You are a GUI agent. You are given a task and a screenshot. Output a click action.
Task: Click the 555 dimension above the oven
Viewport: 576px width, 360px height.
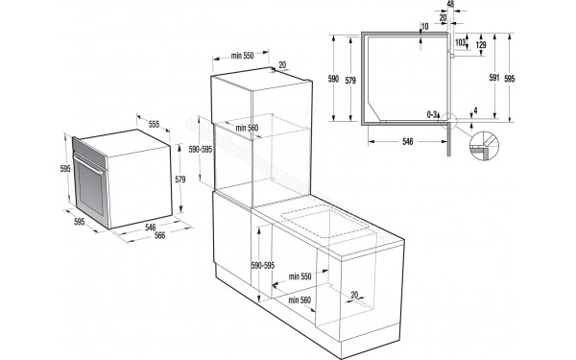[154, 125]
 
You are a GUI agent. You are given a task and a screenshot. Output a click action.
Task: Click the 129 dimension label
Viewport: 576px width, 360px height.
[481, 45]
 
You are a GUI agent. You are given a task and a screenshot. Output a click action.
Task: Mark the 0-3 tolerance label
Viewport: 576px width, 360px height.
[433, 114]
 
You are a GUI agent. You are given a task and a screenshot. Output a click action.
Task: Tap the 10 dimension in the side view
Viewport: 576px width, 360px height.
[424, 26]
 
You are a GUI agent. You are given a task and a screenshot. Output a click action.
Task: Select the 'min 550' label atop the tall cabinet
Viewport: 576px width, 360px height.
[241, 57]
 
